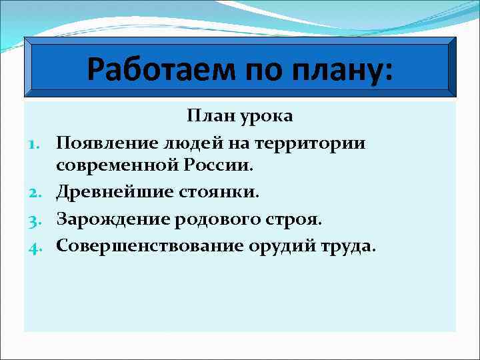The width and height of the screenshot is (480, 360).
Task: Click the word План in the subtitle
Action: pyautogui.click(x=208, y=116)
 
